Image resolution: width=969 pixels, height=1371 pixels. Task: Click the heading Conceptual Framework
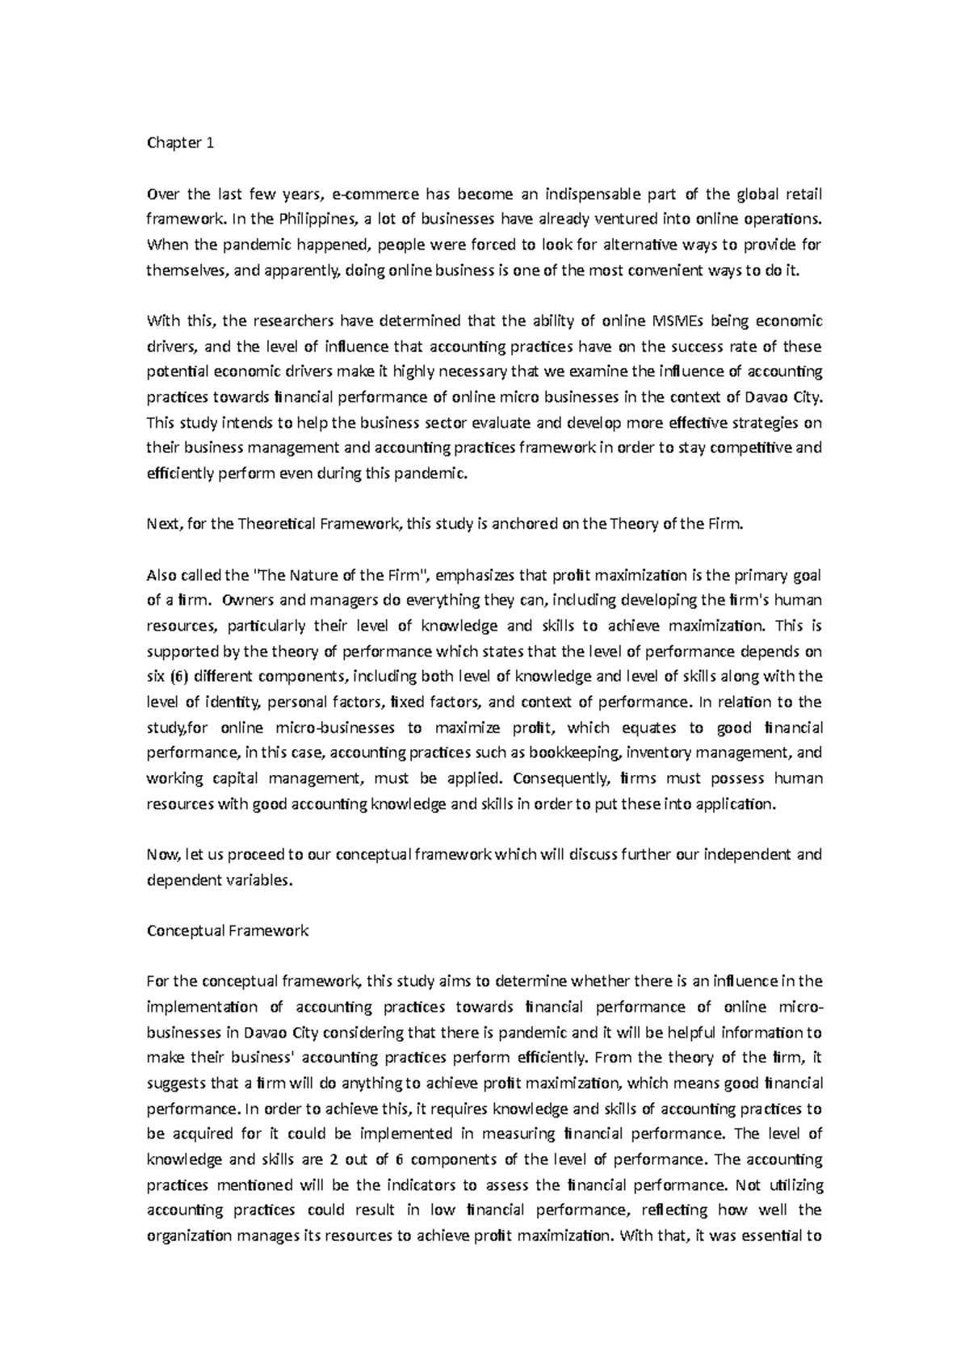(227, 931)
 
